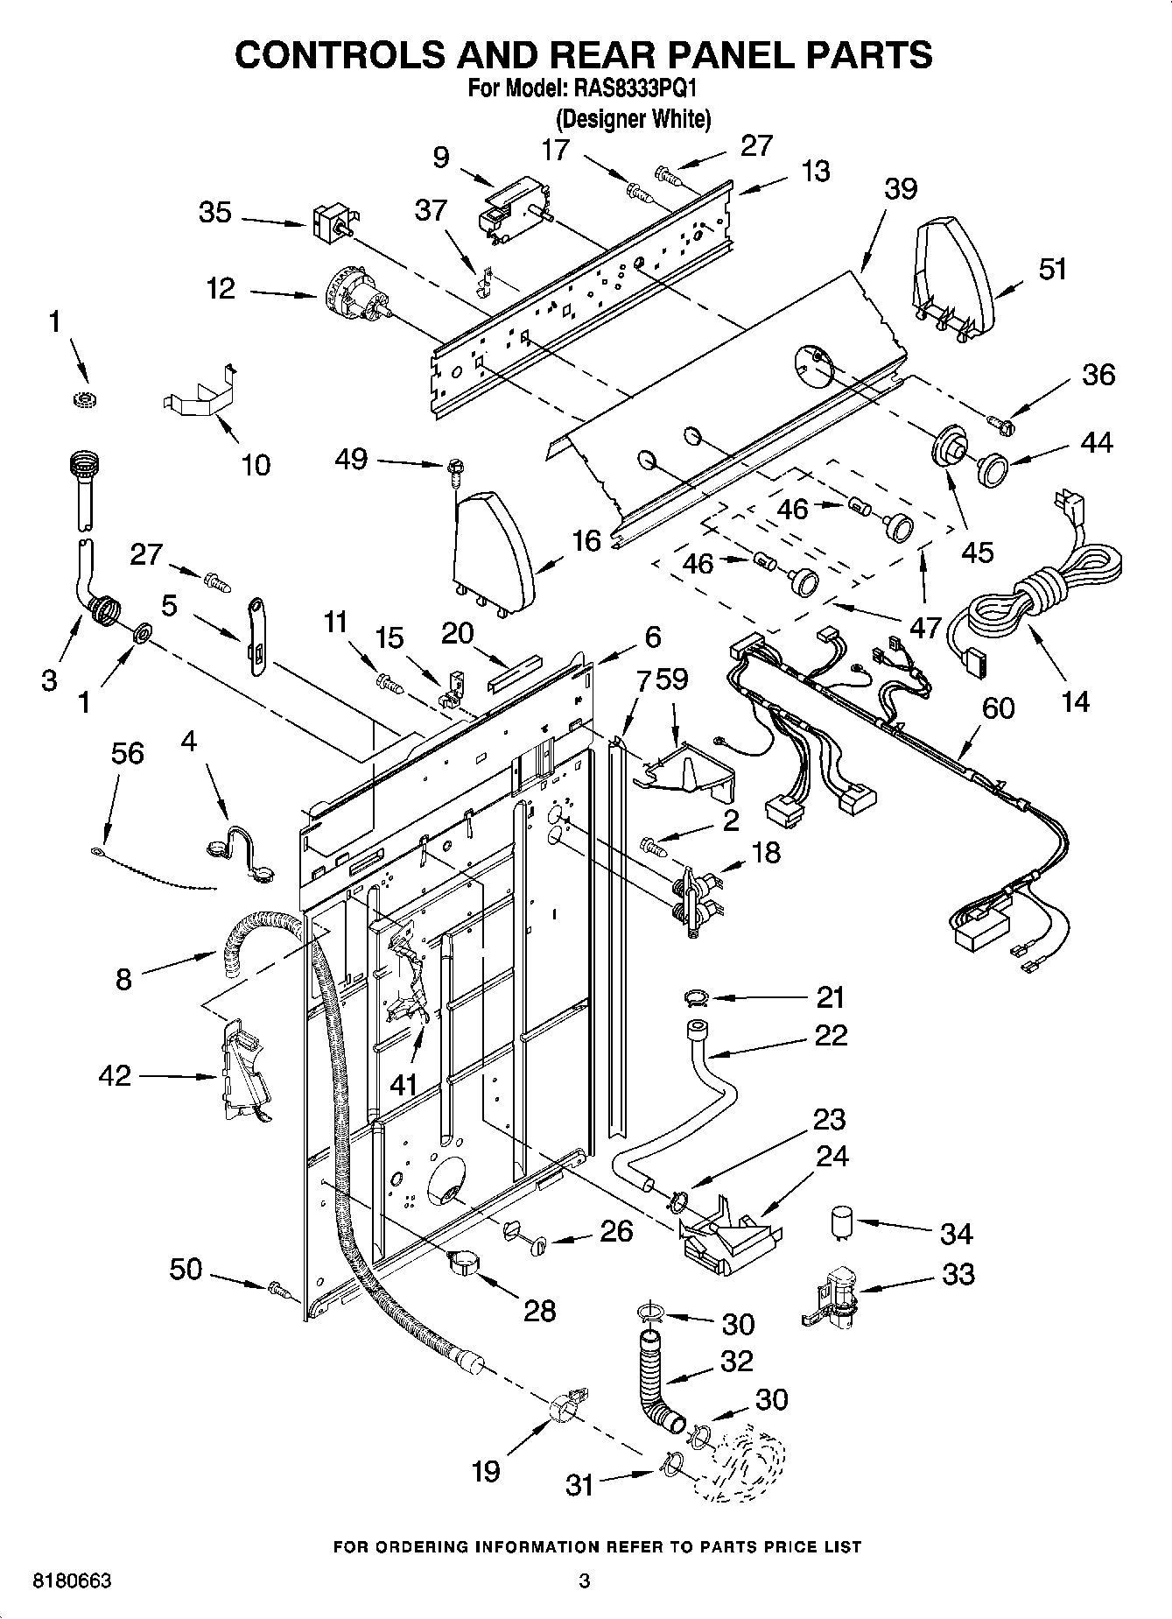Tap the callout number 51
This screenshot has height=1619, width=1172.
tap(1053, 269)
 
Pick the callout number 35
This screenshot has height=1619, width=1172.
tap(214, 212)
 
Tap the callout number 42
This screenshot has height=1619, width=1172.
tap(115, 1075)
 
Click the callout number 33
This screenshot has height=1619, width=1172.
tap(958, 1274)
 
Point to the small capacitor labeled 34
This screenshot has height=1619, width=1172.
tap(843, 1222)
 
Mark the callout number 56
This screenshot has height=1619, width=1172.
tap(127, 753)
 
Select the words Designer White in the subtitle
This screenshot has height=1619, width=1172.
tap(633, 119)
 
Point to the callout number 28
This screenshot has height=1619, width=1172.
tap(539, 1310)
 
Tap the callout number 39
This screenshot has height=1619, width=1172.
tap(901, 188)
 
